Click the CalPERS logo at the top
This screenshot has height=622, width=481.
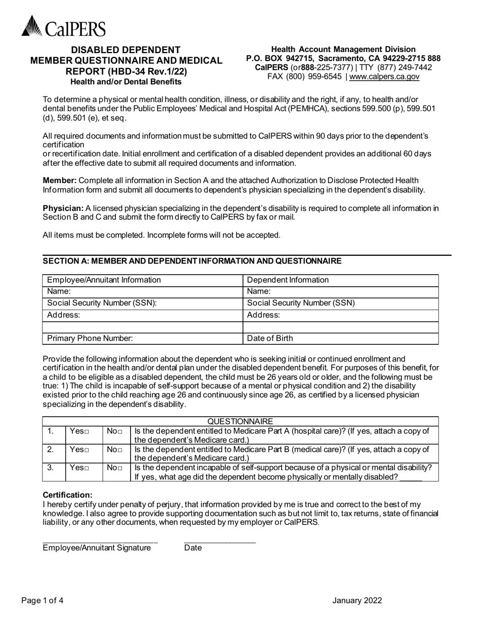(x=64, y=26)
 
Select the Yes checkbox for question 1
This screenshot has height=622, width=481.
(x=87, y=431)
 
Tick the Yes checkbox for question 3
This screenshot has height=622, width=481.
(x=87, y=468)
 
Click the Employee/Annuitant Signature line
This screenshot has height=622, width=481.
(x=100, y=541)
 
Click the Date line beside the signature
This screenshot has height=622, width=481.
(x=220, y=541)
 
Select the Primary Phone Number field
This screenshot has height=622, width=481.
(x=142, y=338)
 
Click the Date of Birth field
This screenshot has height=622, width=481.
(x=341, y=338)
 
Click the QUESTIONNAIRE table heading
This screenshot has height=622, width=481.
(x=240, y=421)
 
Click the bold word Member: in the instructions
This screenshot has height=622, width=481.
(x=60, y=181)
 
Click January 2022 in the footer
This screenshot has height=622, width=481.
(x=357, y=601)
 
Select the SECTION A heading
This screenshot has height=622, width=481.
(x=192, y=261)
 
